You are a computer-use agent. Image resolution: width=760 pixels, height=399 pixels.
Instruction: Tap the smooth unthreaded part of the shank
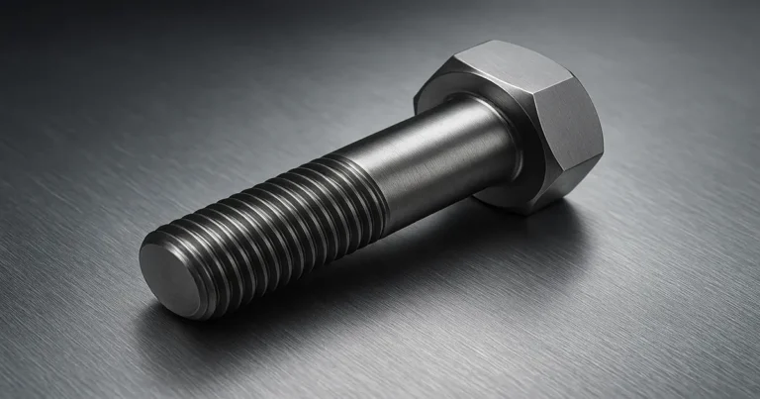coord(435,163)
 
